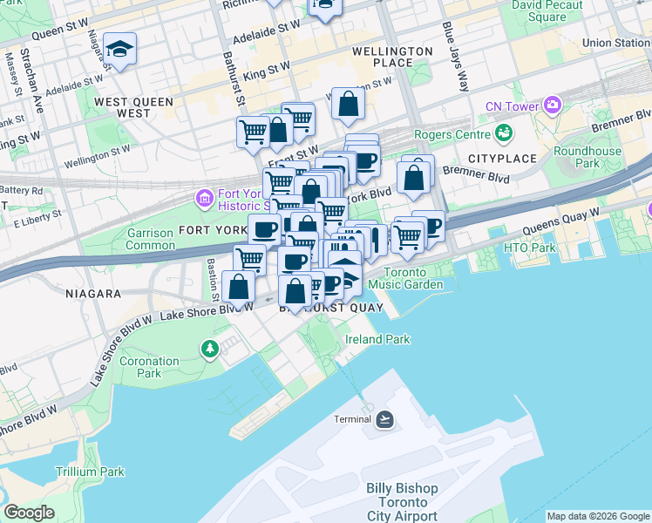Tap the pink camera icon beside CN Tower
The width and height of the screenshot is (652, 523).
click(x=552, y=106)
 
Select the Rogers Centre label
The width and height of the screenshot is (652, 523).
click(x=451, y=134)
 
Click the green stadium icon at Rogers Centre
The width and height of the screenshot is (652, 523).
click(x=503, y=133)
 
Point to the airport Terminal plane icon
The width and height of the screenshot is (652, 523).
click(x=384, y=419)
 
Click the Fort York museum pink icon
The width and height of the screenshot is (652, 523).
click(x=204, y=198)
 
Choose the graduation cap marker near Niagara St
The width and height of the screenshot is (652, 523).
click(x=119, y=50)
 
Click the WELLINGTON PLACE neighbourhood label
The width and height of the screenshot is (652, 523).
click(x=392, y=57)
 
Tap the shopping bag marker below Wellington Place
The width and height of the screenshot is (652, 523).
click(x=348, y=105)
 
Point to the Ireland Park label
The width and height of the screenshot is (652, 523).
click(x=377, y=338)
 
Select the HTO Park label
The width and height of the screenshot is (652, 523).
click(x=529, y=248)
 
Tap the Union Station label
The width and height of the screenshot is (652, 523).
click(x=615, y=42)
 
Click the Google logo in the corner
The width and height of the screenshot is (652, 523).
click(x=30, y=513)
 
